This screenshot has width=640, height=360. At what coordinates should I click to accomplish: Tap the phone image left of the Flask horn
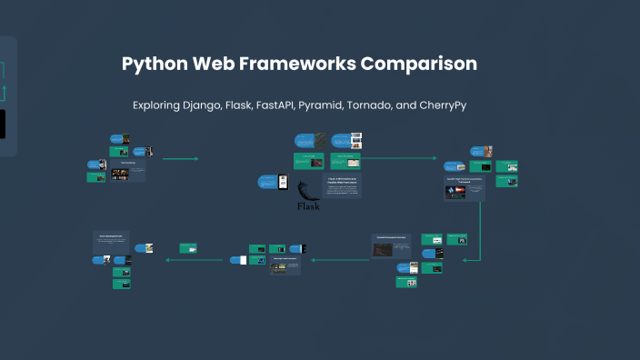283,182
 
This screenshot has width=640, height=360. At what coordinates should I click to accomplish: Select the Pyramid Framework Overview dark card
391,245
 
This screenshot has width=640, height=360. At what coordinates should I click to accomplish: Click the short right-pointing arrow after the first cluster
180,159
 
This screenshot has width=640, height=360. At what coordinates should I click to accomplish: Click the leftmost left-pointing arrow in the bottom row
194,260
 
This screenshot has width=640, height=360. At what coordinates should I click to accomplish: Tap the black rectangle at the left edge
3,124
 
